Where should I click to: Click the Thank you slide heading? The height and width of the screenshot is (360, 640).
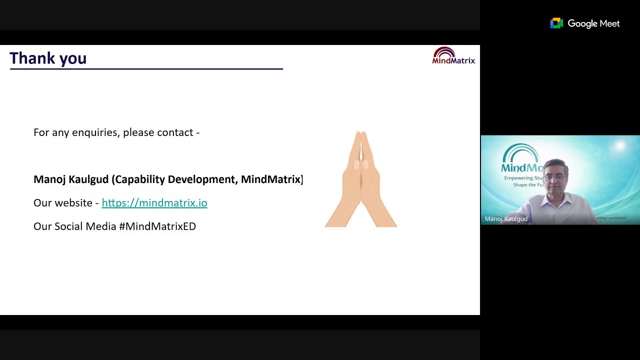(48, 58)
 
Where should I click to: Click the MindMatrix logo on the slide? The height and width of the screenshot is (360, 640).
(453, 56)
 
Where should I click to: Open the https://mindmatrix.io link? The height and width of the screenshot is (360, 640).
(154, 203)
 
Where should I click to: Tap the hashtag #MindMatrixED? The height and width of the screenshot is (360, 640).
(157, 226)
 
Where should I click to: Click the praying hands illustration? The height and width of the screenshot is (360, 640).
(361, 180)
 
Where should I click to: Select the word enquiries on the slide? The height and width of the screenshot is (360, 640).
(95, 132)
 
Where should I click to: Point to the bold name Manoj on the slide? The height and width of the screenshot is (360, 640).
(49, 179)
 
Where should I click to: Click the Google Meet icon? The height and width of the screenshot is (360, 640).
(556, 23)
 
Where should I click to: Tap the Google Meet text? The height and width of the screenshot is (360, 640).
(593, 23)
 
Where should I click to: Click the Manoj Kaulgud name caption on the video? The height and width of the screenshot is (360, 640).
(506, 219)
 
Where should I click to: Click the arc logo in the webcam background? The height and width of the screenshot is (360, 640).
(520, 152)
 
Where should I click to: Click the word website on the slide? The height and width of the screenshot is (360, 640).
(73, 203)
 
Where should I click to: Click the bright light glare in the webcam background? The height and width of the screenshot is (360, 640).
(620, 146)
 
